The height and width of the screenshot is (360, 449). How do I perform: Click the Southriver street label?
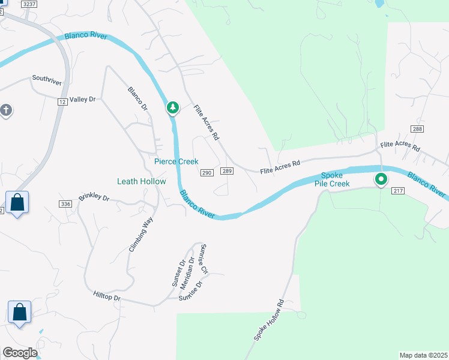pyautogui.click(x=47, y=79)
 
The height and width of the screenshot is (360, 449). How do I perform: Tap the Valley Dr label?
pyautogui.click(x=83, y=100)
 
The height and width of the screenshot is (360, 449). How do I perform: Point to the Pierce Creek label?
pyautogui.click(x=176, y=161)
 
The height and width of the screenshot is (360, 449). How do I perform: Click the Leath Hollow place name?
pyautogui.click(x=141, y=181)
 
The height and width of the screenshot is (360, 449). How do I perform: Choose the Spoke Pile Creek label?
pyautogui.click(x=331, y=179)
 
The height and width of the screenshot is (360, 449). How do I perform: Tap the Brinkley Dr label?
pyautogui.click(x=94, y=198)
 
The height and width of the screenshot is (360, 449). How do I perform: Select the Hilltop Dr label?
pyautogui.click(x=107, y=297)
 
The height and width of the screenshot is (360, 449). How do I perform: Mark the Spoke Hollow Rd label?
pyautogui.click(x=268, y=321)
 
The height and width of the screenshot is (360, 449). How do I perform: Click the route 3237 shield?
pyautogui.click(x=28, y=4)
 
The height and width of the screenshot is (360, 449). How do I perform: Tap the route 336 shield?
pyautogui.click(x=66, y=205)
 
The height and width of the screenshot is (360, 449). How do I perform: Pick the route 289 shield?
pyautogui.click(x=227, y=172)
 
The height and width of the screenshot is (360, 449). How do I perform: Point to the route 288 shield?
pyautogui.click(x=418, y=129)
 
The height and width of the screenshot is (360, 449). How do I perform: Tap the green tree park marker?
pyautogui.click(x=173, y=107)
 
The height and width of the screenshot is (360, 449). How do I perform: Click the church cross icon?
pyautogui.click(x=5, y=110)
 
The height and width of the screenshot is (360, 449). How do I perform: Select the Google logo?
pyautogui.click(x=20, y=353)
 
